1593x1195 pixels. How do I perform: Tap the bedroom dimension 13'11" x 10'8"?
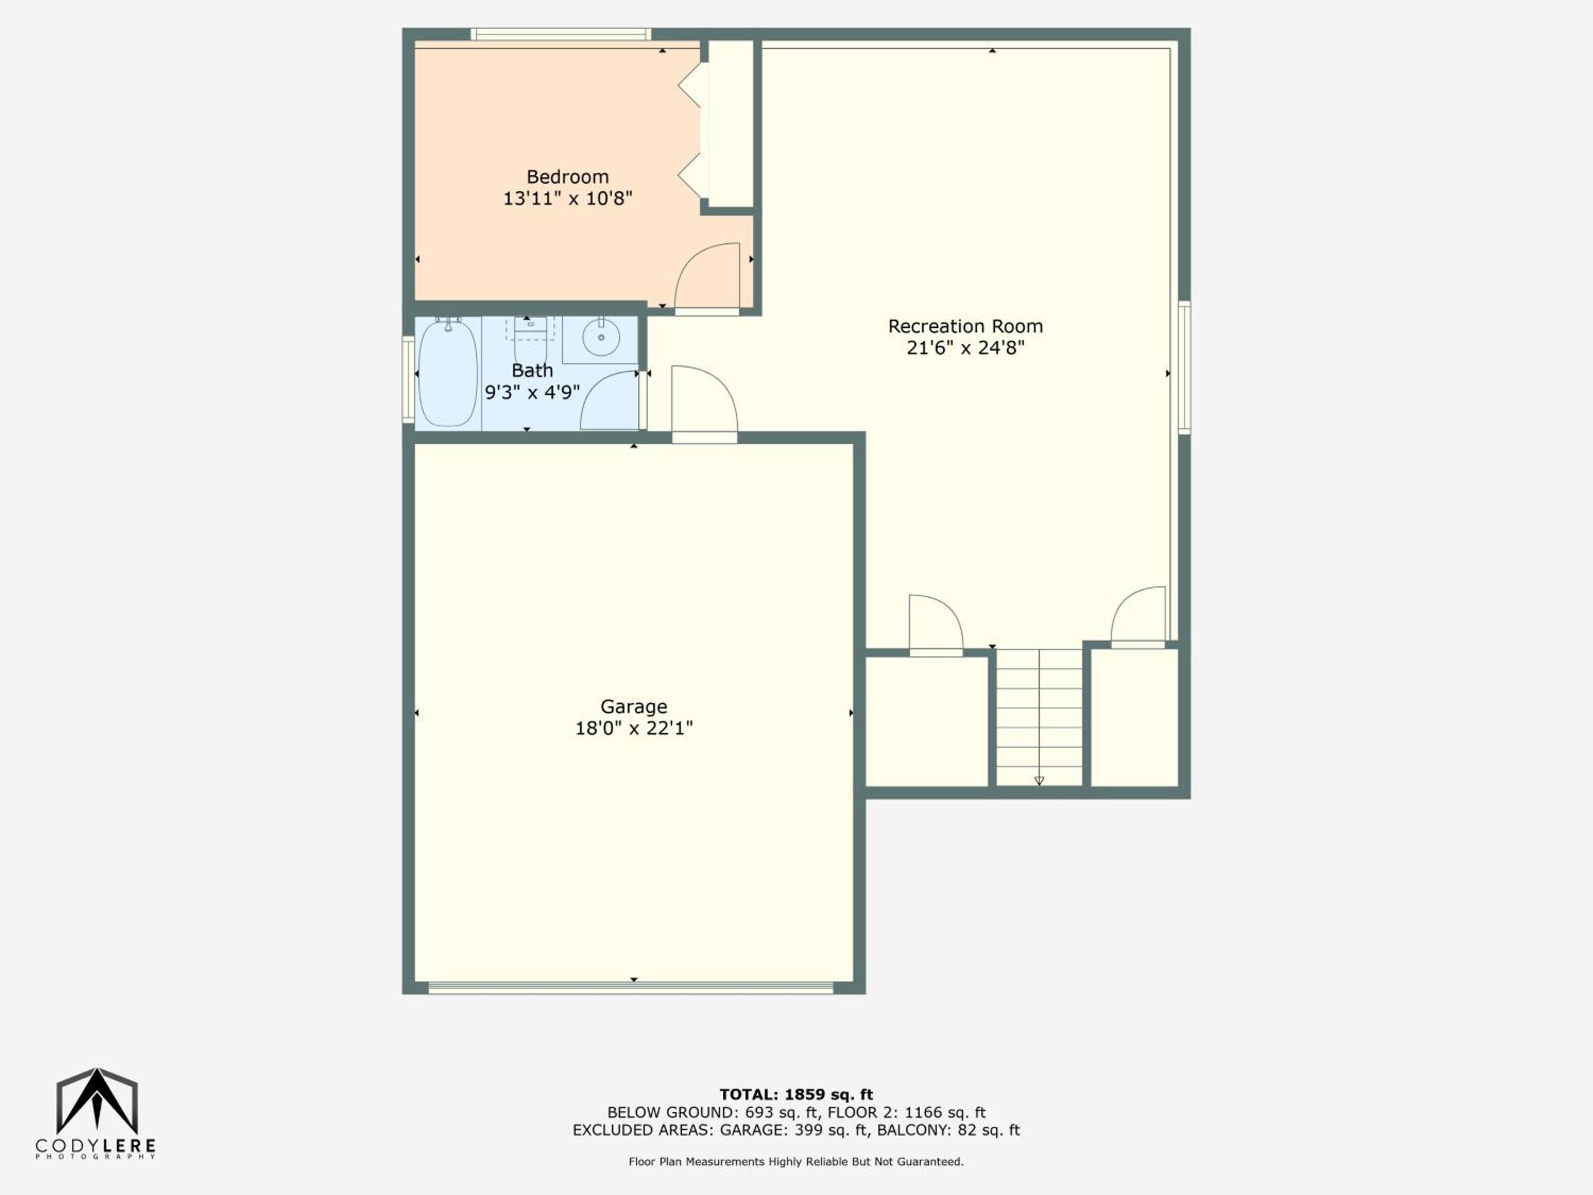568,198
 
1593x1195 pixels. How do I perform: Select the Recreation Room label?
965,326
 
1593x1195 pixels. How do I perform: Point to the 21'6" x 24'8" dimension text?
965,348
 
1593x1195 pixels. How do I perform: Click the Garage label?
633,706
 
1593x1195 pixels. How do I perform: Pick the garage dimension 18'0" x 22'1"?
633,728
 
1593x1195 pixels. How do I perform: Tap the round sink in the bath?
601,337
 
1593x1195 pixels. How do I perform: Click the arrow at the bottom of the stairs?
1039,781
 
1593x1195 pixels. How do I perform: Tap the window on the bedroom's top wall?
561,34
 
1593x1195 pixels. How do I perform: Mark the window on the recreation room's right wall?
1184,368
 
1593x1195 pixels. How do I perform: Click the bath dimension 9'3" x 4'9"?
532,392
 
